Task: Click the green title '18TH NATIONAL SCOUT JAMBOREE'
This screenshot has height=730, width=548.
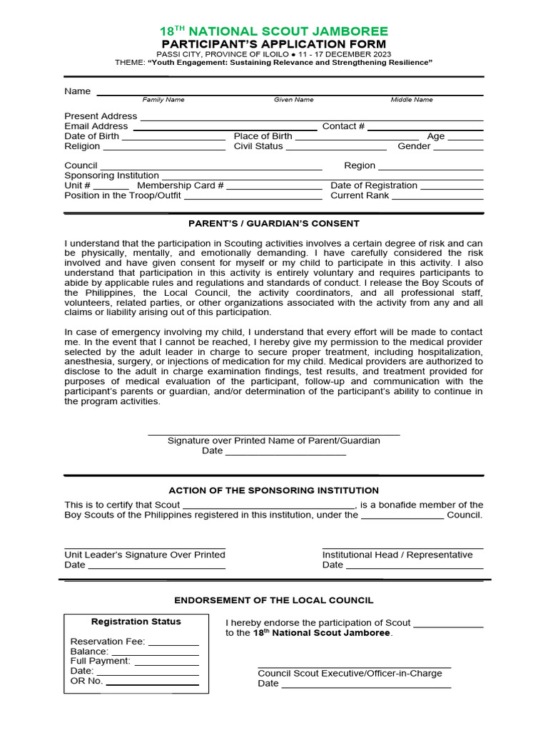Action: tap(273, 31)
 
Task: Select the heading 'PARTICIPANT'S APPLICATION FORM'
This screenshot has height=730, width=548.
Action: tap(273, 44)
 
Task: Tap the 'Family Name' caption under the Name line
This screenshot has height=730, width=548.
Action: tap(163, 100)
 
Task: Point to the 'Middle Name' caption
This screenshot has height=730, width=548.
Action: tap(412, 100)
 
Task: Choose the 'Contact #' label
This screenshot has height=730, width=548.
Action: tap(343, 126)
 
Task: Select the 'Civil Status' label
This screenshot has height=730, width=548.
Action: tap(258, 146)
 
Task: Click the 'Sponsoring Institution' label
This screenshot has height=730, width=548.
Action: tap(111, 175)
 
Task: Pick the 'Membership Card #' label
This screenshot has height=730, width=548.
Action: tap(181, 185)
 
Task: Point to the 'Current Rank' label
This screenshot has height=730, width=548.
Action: tap(360, 195)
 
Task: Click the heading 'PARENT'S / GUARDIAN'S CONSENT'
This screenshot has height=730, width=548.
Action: tap(273, 224)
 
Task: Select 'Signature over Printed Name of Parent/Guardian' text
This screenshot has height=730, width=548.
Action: tap(273, 441)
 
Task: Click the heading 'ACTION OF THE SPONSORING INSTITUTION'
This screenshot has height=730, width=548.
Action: tap(273, 490)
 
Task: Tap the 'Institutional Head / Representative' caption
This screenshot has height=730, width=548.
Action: tap(397, 555)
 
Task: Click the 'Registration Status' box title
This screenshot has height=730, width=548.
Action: tap(136, 622)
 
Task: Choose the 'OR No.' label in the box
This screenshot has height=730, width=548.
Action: tap(86, 681)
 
